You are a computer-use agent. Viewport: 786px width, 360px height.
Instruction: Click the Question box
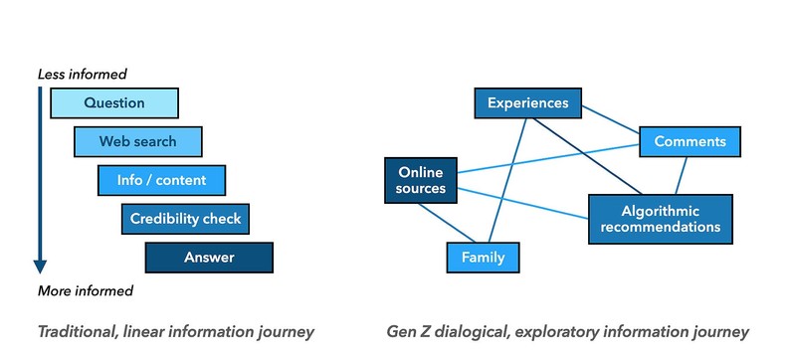coord(113,103)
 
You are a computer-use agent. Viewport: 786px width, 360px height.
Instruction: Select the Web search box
coord(137,141)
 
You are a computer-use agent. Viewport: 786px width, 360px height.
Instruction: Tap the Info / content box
coord(161,180)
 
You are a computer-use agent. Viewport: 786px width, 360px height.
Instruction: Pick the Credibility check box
coord(185,219)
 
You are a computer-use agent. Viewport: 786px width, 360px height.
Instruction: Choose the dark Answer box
coord(209,258)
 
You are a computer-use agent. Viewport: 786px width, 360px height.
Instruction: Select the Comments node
coord(689,141)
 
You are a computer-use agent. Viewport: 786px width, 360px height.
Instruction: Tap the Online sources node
coord(415,180)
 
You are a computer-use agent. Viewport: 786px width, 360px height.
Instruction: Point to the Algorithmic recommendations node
coord(660,219)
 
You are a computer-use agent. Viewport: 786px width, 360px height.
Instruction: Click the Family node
coord(483,258)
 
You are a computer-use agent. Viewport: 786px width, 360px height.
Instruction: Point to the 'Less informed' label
coord(82,74)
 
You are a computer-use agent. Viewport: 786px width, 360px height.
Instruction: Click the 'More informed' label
coord(85,290)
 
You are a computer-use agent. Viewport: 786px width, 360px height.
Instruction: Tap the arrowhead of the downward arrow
coord(40,266)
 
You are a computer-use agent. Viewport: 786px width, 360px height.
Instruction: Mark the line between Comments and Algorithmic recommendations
coord(682,175)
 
